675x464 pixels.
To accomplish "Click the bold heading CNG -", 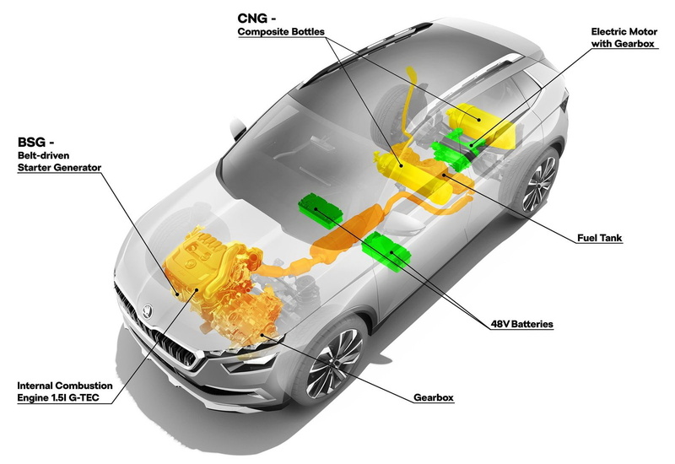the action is [256, 19].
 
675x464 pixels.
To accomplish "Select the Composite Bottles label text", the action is [281, 32].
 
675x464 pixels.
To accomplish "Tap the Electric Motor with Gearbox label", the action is [624, 37].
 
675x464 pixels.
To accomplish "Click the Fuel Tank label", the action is [600, 238].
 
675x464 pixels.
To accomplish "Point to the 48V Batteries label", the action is [521, 324].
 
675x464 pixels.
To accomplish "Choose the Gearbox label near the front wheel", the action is [434, 397].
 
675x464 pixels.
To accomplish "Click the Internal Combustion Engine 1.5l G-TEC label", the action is [65, 391].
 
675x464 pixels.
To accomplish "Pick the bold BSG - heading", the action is [35, 142].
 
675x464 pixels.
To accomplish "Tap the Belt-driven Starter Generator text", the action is [59, 161].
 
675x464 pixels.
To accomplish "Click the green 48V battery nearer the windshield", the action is [321, 209].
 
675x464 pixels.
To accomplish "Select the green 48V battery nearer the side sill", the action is [386, 251].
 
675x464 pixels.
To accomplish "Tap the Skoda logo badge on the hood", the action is [147, 311].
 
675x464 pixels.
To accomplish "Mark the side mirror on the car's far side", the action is [237, 127].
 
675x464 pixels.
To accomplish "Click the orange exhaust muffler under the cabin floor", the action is [347, 233].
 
